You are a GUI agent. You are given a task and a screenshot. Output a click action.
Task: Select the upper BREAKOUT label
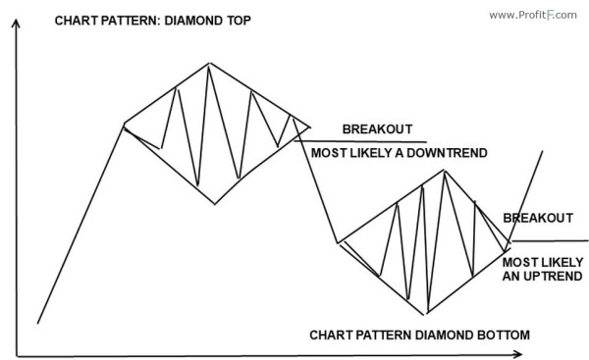click(377, 129)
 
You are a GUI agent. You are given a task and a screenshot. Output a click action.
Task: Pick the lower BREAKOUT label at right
click(538, 218)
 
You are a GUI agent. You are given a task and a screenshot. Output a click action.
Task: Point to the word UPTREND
click(552, 278)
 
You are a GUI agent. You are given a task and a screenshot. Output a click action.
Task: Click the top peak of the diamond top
click(208, 64)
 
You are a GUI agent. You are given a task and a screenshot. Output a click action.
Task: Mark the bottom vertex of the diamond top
click(214, 204)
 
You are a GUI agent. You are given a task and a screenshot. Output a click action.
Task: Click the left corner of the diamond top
click(123, 124)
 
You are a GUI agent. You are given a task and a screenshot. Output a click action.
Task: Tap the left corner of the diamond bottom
click(338, 241)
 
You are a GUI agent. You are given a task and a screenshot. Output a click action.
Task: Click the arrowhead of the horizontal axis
click(580, 354)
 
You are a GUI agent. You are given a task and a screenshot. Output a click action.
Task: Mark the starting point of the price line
click(36, 323)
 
